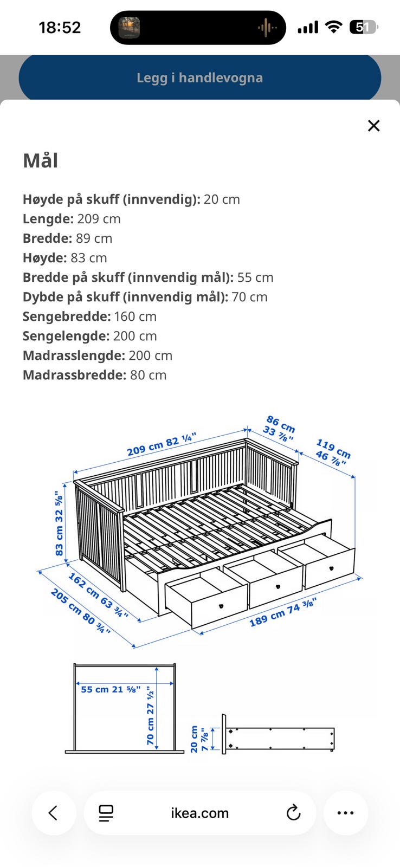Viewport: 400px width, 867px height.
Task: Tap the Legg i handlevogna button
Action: pyautogui.click(x=199, y=77)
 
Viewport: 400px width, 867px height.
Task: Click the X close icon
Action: pyautogui.click(x=373, y=126)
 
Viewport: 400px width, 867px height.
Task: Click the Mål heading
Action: pyautogui.click(x=40, y=160)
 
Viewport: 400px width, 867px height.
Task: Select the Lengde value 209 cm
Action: pyautogui.click(x=99, y=219)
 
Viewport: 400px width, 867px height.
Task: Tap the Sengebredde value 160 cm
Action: pyautogui.click(x=135, y=316)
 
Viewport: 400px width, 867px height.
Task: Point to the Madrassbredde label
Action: pyautogui.click(x=74, y=375)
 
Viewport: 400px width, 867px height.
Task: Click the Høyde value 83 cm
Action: pyautogui.click(x=89, y=258)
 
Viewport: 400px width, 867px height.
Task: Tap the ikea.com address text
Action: pyautogui.click(x=199, y=813)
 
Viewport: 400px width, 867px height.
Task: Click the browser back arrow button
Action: pyautogui.click(x=53, y=813)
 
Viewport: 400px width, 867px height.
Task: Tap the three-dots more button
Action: pyautogui.click(x=345, y=813)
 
